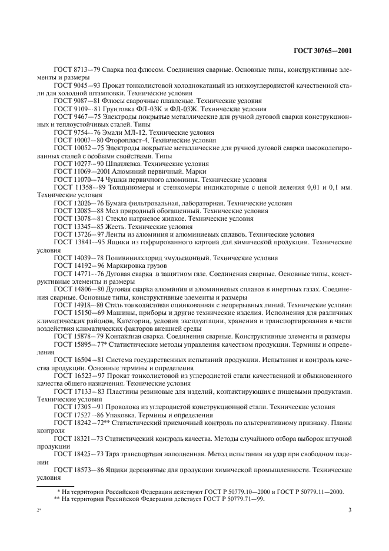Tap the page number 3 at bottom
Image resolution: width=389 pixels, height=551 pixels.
350,510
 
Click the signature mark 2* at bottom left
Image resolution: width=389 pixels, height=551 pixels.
39,510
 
